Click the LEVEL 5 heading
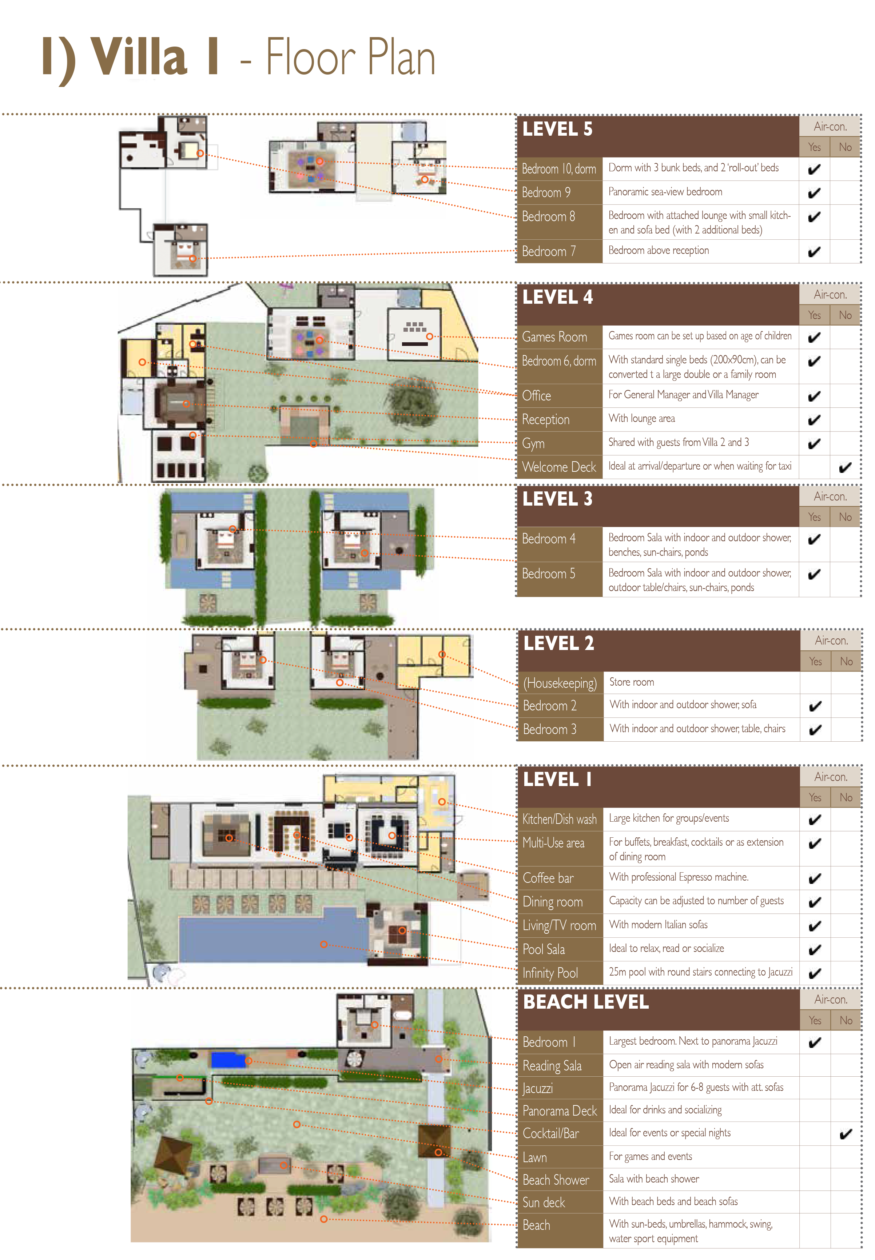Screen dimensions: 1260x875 tap(557, 129)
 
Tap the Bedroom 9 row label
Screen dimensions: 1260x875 tap(546, 192)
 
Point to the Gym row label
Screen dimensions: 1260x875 tap(533, 443)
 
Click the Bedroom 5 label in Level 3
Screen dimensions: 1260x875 tap(548, 574)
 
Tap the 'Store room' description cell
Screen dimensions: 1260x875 tap(632, 682)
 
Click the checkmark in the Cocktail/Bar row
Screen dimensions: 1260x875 tap(846, 1134)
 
